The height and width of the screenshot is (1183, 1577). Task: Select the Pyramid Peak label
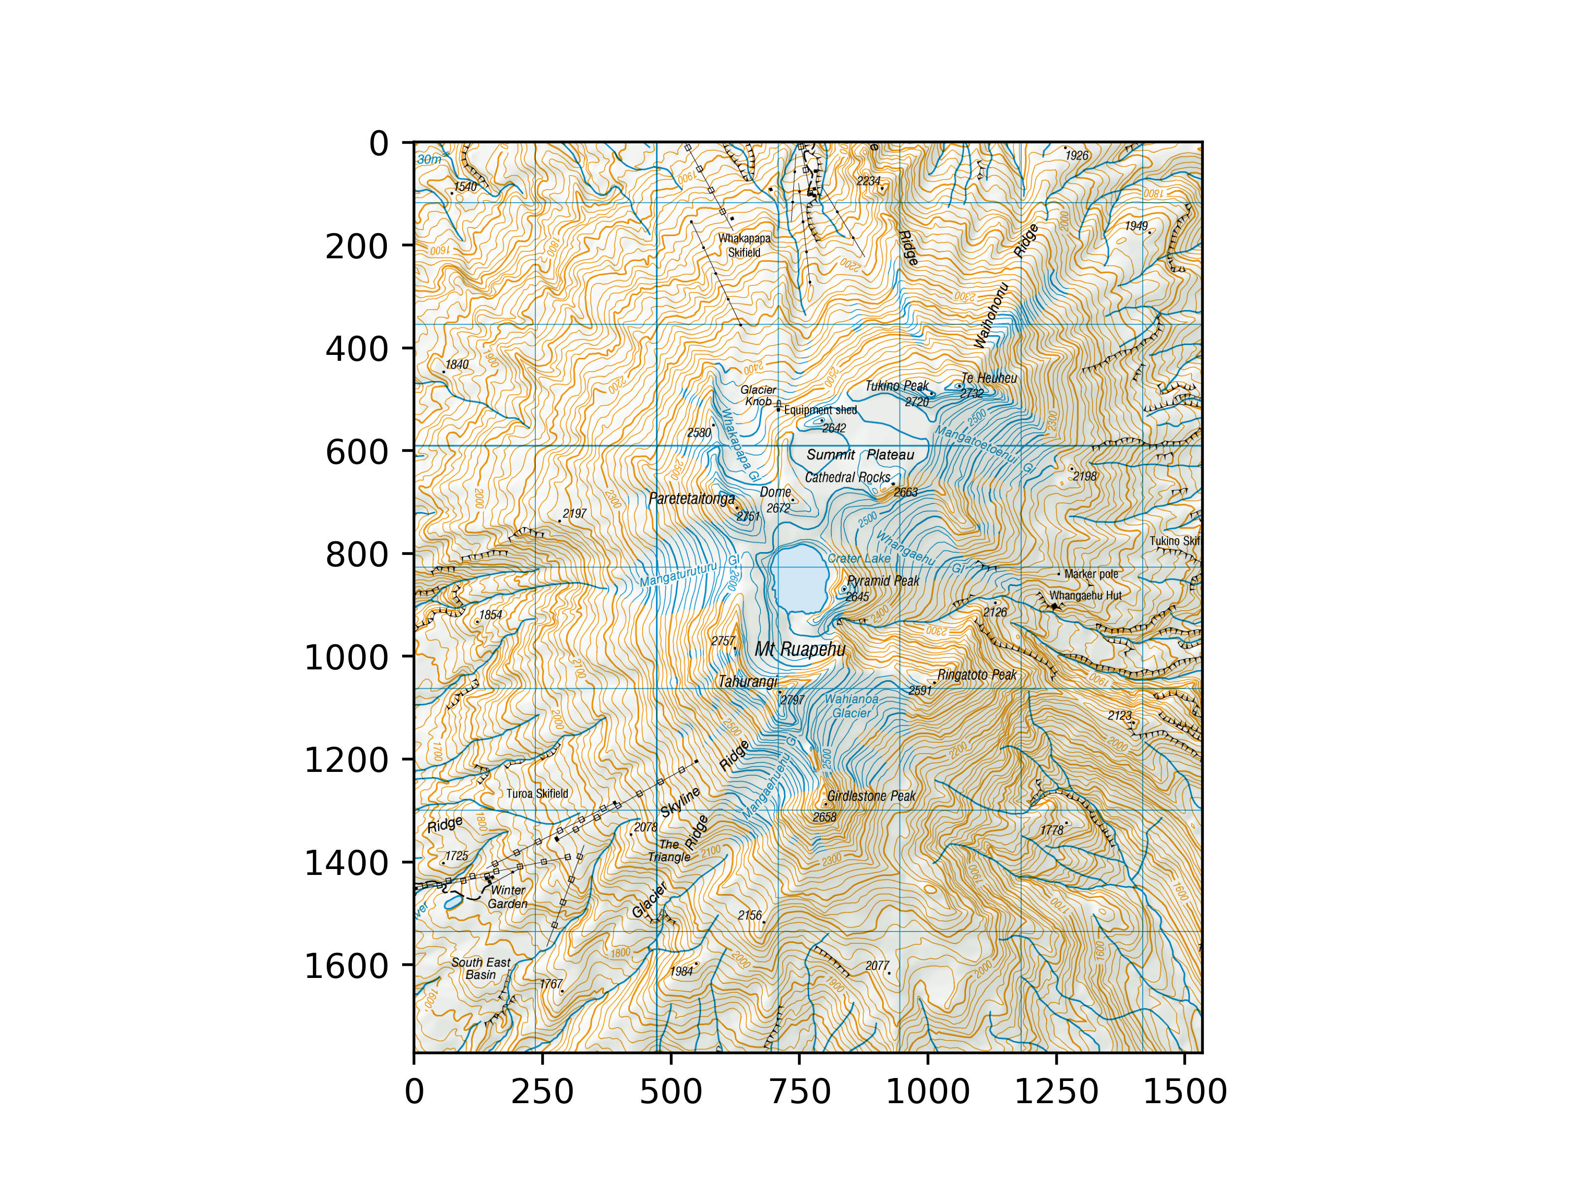883,581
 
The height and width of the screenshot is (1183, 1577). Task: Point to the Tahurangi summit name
747,682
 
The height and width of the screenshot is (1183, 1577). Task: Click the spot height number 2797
792,700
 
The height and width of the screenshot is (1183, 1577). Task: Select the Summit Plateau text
860,455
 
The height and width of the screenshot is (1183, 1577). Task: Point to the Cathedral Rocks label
847,478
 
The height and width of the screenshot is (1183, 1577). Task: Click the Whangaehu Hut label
1085,595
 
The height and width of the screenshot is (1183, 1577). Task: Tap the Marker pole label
1091,574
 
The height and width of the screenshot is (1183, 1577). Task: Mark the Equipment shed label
820,410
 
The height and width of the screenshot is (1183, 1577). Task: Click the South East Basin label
480,969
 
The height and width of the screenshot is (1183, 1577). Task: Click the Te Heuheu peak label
989,378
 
